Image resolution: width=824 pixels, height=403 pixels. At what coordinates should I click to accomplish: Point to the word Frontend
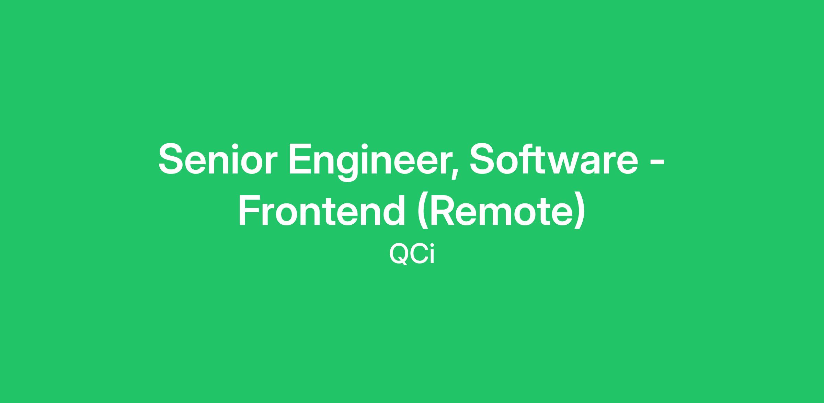coord(322,210)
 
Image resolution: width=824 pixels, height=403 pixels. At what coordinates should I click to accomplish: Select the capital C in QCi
coord(418,254)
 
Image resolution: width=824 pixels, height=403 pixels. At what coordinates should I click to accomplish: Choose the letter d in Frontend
coord(394,210)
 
